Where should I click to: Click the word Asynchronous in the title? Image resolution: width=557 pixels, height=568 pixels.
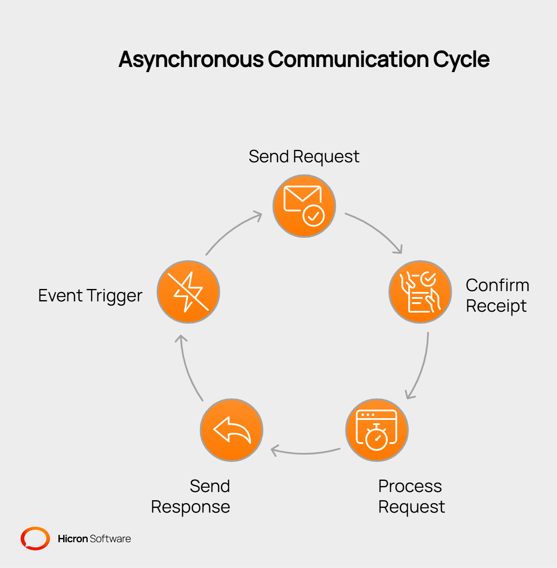191,59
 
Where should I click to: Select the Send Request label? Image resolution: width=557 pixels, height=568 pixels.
304,157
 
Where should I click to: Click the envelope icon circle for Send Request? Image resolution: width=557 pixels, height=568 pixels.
304,206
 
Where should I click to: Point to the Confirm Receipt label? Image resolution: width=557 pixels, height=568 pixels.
497,295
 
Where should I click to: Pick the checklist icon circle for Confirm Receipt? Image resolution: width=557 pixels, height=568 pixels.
420,292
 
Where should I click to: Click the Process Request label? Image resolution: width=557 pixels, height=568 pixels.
411,496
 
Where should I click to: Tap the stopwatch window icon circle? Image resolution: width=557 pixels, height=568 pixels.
377,430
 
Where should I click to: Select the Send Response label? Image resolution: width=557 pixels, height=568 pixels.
191,496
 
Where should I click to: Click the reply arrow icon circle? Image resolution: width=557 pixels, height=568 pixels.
232,430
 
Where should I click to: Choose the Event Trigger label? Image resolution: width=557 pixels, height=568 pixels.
90,296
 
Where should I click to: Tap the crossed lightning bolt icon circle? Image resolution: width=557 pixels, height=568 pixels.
188,292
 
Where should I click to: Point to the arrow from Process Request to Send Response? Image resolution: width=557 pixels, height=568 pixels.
305,452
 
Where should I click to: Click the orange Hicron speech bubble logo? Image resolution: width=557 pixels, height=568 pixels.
35,538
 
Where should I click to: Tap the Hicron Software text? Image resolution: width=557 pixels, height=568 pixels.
94,539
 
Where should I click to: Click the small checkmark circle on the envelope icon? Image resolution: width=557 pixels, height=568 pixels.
314,216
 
